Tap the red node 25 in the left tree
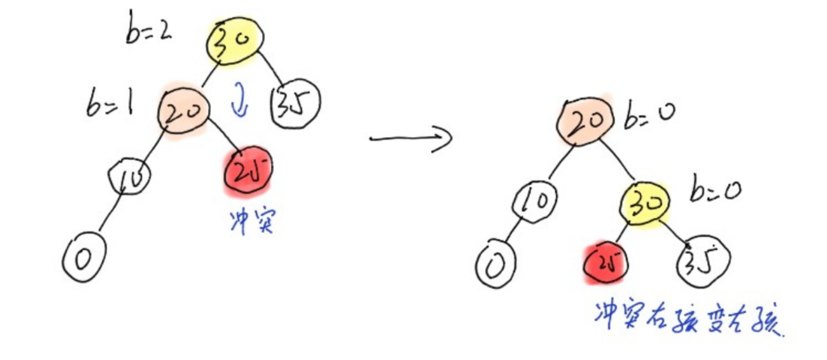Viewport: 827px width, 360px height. point(248,170)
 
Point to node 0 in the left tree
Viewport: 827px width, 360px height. point(83,257)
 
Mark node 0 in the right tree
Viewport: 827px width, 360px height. point(495,263)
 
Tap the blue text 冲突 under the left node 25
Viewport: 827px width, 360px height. point(253,221)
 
